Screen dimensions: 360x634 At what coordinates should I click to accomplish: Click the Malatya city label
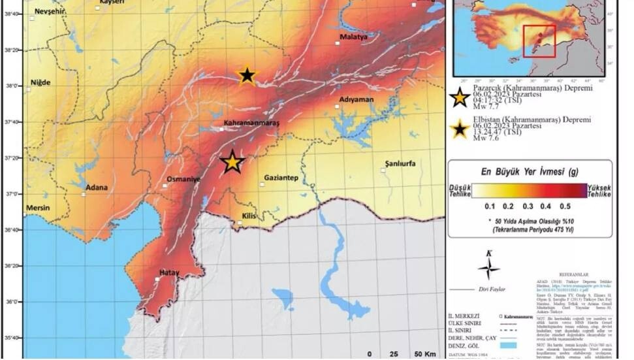click(x=354, y=37)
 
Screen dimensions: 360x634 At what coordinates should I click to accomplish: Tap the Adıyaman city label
click(x=356, y=99)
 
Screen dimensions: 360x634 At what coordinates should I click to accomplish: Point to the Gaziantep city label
click(x=281, y=178)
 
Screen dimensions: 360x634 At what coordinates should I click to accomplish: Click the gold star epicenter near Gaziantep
click(x=232, y=162)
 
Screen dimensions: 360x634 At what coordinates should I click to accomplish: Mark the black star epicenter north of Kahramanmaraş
click(x=247, y=76)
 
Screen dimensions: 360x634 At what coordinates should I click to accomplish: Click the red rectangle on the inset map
click(x=539, y=42)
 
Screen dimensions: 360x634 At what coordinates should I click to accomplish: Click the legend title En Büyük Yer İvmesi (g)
click(x=530, y=172)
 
